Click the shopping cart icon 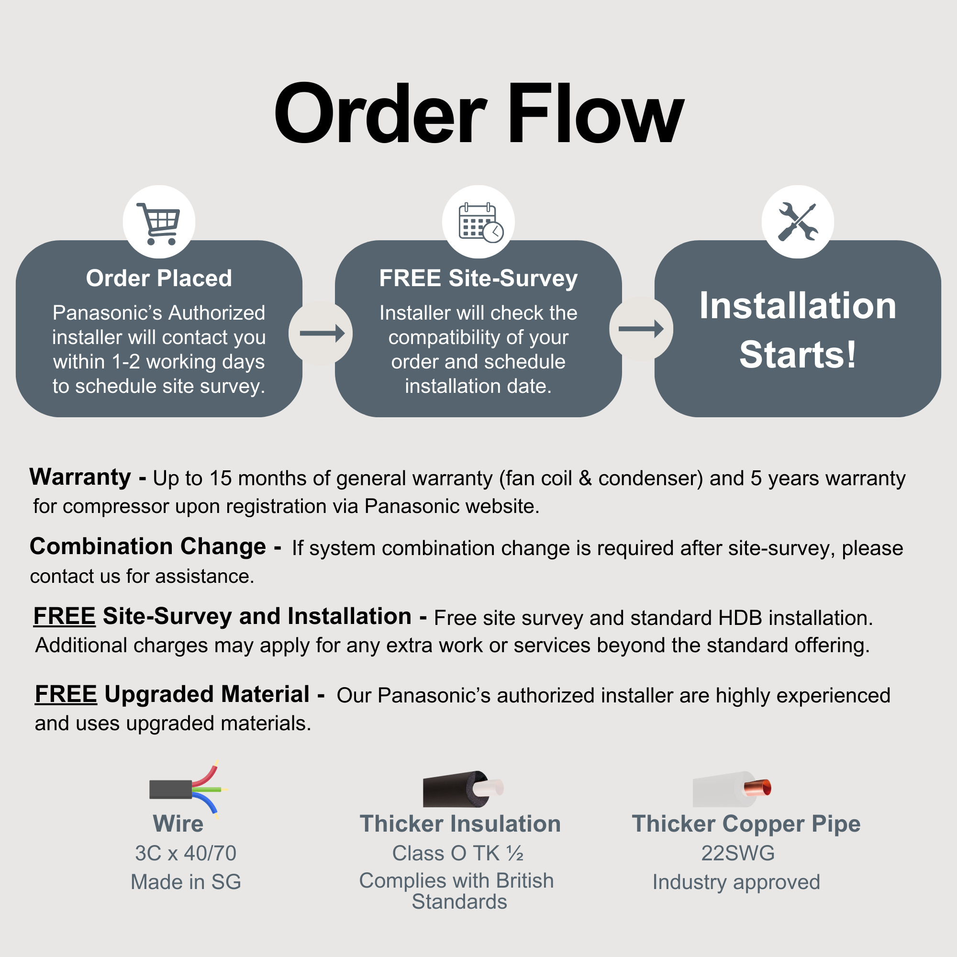click(158, 223)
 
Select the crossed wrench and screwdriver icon click(798, 222)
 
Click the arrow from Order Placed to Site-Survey click(322, 333)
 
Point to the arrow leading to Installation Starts click(641, 328)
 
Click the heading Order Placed click(159, 278)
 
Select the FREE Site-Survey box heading click(478, 278)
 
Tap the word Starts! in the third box click(798, 355)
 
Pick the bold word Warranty click(80, 477)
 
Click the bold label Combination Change click(147, 546)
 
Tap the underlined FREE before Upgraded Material click(66, 694)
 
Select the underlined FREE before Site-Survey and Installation click(65, 616)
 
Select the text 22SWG click(738, 853)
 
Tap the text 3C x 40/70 click(186, 853)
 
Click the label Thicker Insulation click(460, 824)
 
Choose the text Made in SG click(186, 882)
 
